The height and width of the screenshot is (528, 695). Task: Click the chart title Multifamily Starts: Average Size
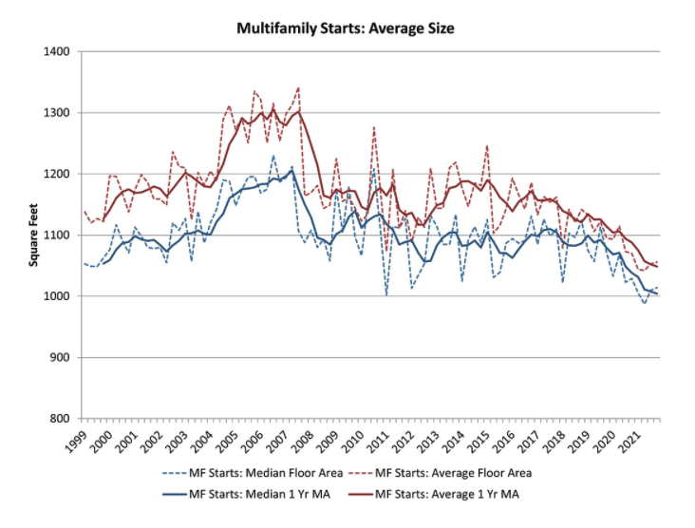346,28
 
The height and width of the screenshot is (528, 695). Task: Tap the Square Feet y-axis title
33,235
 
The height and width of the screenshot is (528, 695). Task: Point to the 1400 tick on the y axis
57,51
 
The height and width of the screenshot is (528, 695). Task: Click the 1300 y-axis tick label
57,113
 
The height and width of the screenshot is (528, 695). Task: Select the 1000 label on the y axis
57,296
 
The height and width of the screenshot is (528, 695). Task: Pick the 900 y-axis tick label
60,357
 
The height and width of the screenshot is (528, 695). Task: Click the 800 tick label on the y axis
60,419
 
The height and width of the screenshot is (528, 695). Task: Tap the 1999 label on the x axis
76,441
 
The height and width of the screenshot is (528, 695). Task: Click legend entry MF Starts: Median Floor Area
253,473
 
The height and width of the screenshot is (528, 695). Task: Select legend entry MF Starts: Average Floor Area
440,473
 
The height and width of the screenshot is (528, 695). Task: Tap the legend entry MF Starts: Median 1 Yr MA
247,494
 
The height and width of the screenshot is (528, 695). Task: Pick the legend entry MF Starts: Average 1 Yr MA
434,494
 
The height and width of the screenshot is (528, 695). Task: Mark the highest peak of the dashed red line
298,87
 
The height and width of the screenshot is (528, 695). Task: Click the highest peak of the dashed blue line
273,156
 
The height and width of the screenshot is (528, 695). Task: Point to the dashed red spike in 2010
374,127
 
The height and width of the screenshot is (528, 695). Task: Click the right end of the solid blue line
657,293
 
